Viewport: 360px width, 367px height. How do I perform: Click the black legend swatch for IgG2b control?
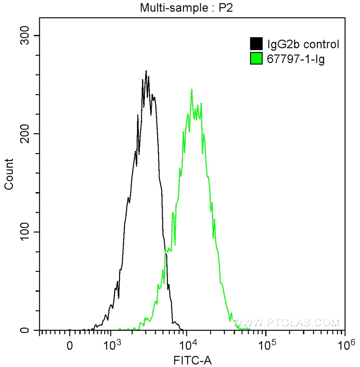(256, 44)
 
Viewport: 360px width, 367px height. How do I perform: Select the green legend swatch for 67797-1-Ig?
(256, 58)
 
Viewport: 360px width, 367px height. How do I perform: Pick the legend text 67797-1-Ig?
(296, 58)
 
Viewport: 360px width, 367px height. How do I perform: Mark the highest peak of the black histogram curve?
(146, 71)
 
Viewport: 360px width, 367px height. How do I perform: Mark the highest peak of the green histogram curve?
(192, 90)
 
